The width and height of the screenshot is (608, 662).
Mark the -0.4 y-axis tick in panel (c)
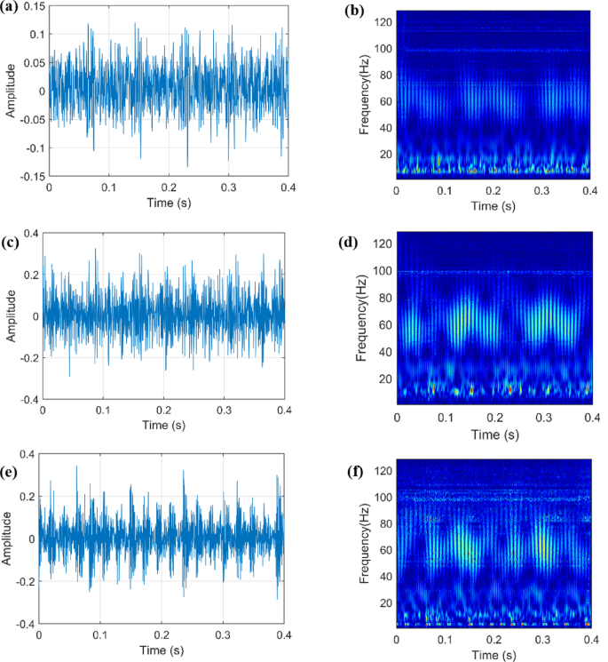(x=28, y=400)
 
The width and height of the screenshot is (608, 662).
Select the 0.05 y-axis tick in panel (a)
(x=32, y=63)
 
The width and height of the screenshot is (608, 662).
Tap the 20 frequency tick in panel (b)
(x=383, y=154)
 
